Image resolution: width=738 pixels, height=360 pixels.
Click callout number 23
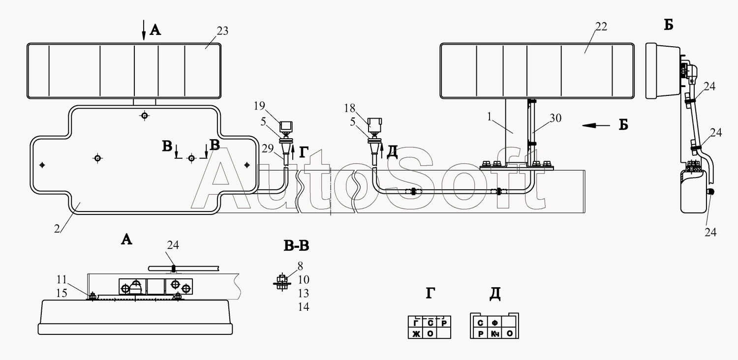coord(222,31)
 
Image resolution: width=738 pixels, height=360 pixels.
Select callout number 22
coord(601,27)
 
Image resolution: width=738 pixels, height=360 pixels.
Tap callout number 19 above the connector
coord(259,106)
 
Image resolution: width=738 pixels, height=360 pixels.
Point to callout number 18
coord(350,108)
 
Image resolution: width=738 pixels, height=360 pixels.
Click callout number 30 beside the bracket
coord(555,118)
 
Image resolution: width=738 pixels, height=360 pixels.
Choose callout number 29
coord(268,149)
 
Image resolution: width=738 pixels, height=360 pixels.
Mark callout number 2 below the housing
coord(57,229)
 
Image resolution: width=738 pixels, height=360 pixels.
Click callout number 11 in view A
coord(61,280)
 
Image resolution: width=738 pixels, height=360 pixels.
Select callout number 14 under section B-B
coord(304,307)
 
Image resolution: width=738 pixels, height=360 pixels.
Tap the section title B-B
coord(297,246)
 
